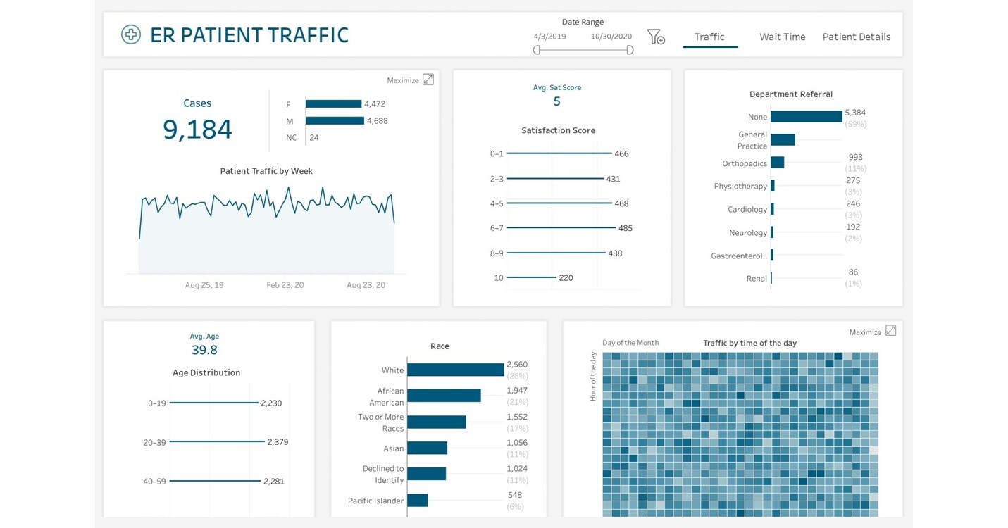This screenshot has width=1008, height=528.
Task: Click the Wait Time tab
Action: click(x=782, y=37)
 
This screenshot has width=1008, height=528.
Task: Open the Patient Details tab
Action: click(x=856, y=37)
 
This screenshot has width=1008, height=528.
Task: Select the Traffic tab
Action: click(x=709, y=37)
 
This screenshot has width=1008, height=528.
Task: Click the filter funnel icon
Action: click(x=655, y=37)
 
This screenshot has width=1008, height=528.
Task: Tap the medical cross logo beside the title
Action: click(x=131, y=34)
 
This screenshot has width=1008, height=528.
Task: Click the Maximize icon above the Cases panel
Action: click(x=428, y=80)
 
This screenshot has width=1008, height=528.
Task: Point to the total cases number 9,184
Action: click(x=197, y=130)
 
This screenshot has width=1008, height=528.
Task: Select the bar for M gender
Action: click(x=335, y=120)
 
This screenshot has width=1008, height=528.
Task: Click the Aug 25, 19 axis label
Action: click(x=204, y=285)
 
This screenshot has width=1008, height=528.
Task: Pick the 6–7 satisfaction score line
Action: click(x=559, y=228)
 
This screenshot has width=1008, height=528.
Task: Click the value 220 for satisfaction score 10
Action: click(x=566, y=278)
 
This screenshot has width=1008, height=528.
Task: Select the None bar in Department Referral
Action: click(x=806, y=117)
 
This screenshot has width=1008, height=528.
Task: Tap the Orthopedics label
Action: click(x=744, y=163)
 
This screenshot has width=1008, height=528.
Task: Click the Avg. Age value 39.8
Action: click(x=204, y=350)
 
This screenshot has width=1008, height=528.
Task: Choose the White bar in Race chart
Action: click(x=455, y=370)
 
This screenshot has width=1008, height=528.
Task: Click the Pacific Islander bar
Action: click(x=417, y=501)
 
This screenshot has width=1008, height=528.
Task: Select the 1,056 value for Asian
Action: click(x=516, y=443)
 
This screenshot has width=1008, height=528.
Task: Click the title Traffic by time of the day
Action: click(x=749, y=344)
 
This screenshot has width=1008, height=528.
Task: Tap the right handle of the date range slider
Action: click(x=630, y=50)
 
